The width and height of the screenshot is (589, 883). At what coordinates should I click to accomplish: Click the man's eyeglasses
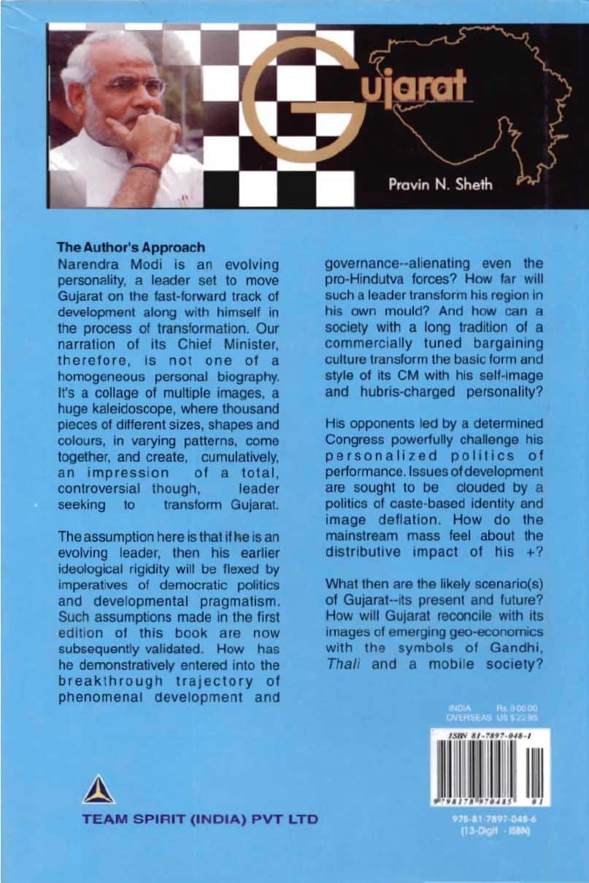click(x=138, y=86)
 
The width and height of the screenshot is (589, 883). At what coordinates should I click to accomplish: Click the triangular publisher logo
click(x=98, y=790)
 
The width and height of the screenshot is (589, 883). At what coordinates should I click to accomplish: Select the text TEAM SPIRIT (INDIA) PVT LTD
click(x=201, y=819)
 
